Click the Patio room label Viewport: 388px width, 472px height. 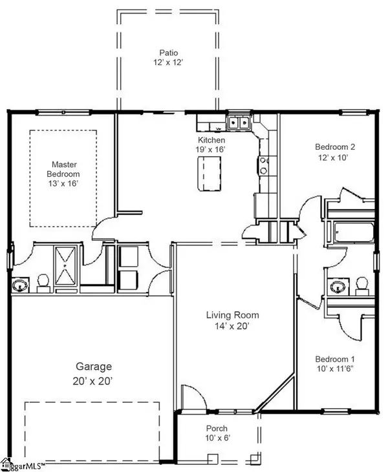pos(169,53)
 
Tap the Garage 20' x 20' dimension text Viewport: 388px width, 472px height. pos(92,381)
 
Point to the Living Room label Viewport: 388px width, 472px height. pos(232,315)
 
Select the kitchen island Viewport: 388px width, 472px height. pos(209,173)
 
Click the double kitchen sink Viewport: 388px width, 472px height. pos(239,122)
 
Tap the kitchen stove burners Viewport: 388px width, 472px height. pos(263,165)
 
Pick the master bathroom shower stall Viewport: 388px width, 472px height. pos(65,265)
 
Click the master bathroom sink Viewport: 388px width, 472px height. pos(20,285)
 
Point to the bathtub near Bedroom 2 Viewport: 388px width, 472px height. pos(353,232)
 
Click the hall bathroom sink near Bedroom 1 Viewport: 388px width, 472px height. pos(338,286)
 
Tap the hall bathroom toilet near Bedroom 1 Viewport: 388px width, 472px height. pos(361,286)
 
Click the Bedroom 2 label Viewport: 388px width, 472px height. pos(335,147)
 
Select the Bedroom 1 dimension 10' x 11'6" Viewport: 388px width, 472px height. pos(335,369)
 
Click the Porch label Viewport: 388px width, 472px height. pos(217,428)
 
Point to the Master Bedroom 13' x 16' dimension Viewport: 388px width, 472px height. pos(63,183)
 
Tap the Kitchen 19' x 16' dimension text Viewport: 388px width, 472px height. pos(211,149)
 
